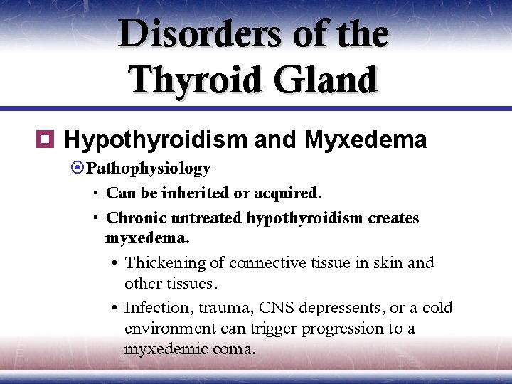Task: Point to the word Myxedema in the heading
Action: pos(366,140)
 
